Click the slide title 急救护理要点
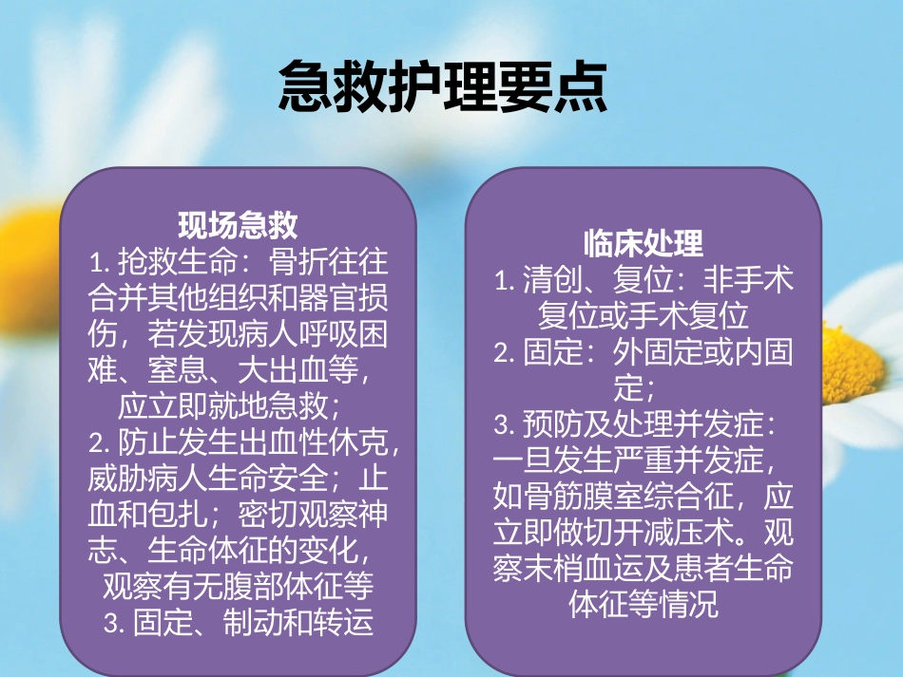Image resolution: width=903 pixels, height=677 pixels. click(x=442, y=89)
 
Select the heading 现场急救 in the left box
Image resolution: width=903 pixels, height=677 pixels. click(x=238, y=225)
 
